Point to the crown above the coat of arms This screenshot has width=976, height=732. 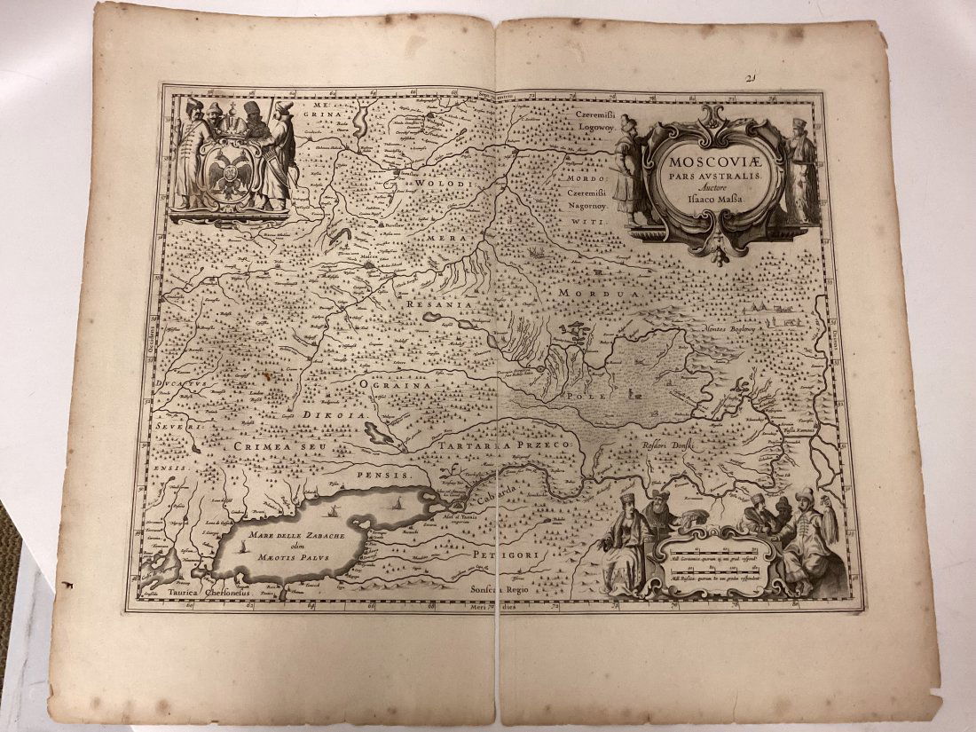point(233,125)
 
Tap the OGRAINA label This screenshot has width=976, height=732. point(394,385)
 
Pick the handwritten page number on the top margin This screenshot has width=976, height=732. point(750,78)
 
